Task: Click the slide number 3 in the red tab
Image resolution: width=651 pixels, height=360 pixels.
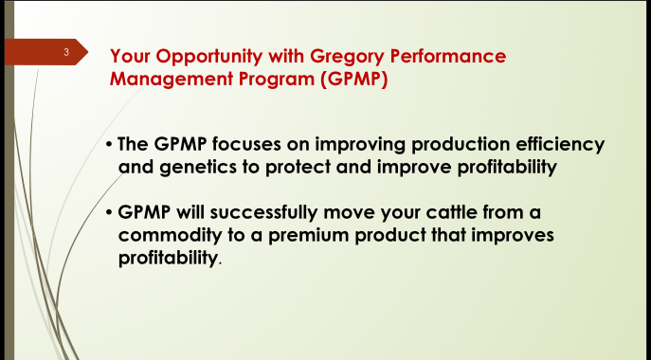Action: (67, 51)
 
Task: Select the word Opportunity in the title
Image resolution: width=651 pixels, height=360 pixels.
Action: (201, 58)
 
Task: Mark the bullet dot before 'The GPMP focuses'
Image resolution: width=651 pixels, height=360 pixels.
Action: (110, 145)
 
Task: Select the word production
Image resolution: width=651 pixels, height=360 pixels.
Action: (440, 145)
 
